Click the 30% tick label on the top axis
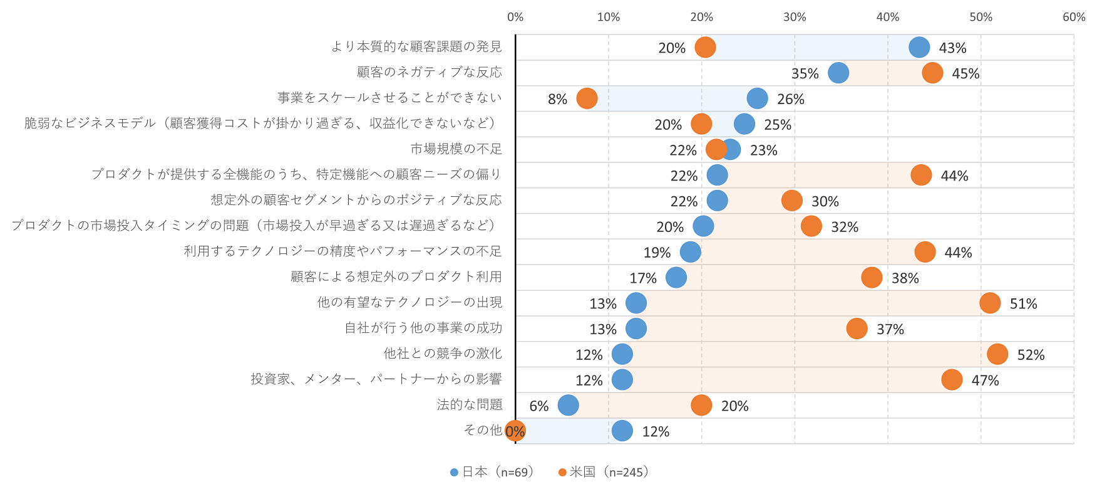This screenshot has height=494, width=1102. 795,17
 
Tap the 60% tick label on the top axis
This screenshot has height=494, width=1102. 1074,17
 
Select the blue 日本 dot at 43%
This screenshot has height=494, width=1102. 919,47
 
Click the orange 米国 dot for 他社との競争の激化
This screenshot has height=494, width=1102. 997,354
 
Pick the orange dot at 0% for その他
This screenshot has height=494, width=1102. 515,431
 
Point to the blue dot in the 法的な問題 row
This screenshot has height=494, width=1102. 568,405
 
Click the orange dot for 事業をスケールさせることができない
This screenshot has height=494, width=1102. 587,98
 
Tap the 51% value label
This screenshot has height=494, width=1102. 1023,304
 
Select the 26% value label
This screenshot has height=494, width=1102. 790,100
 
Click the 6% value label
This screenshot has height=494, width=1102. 538,406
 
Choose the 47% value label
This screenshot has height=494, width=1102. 985,381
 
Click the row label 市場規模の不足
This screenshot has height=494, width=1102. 456,149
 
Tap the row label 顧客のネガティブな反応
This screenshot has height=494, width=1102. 429,73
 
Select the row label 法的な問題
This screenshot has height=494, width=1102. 469,405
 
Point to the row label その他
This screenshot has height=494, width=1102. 482,430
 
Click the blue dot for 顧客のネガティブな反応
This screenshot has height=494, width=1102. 838,73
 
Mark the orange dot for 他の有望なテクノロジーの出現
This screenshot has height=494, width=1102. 989,303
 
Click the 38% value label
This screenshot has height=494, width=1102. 905,278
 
